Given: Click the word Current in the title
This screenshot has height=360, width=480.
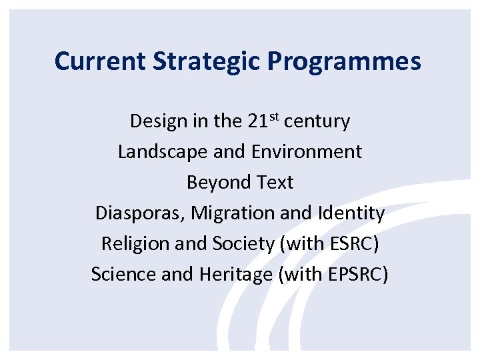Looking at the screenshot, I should [101, 61].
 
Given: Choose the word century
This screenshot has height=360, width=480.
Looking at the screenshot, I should [317, 122].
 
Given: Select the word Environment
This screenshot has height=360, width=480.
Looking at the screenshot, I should [307, 152].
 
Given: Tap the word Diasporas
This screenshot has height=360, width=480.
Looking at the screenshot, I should [141, 213].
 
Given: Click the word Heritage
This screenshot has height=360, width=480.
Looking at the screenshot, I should [235, 275].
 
